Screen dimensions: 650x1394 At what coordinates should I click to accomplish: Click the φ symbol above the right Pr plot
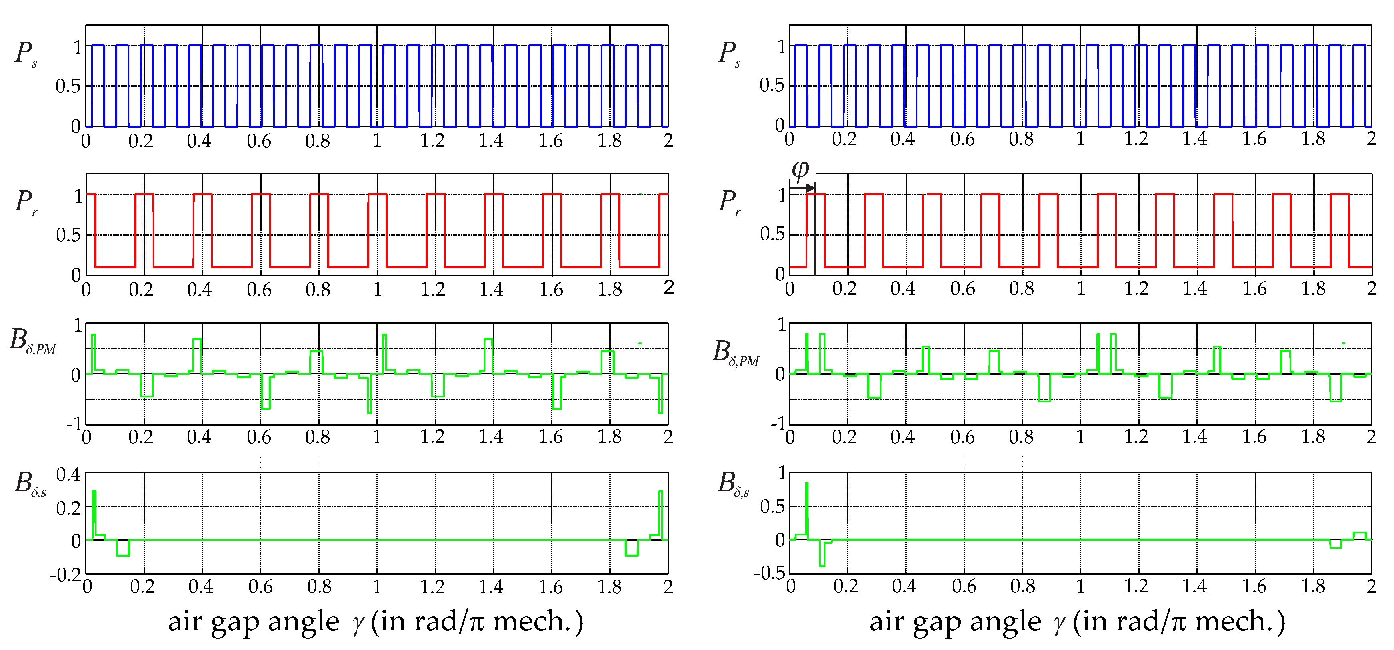click(800, 170)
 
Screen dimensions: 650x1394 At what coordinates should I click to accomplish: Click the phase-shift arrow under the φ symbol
click(802, 188)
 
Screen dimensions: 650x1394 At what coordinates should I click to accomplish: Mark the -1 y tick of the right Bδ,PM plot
click(778, 423)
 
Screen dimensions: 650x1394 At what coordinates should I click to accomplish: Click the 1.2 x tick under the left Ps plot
click(432, 141)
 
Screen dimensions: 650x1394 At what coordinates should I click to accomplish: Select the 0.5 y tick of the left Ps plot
click(68, 86)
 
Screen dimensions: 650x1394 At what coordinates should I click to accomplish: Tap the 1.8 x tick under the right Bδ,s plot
click(1313, 586)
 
